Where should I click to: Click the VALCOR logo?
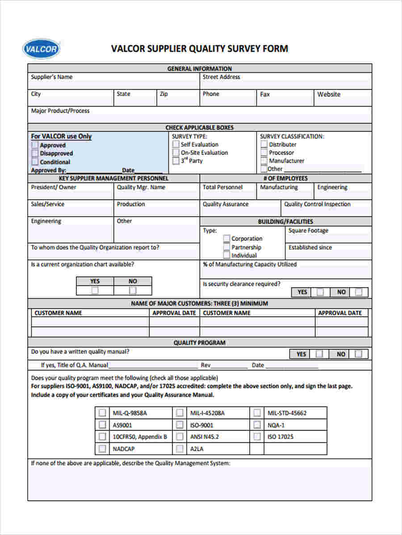(41, 49)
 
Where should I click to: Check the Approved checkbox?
(35, 145)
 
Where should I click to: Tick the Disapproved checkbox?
(35, 153)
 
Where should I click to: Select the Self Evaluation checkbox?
(176, 144)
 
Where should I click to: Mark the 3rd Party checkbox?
(176, 160)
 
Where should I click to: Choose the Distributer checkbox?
(264, 144)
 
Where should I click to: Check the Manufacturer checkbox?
(264, 160)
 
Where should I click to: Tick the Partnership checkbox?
(227, 247)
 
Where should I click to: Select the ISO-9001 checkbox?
(180, 425)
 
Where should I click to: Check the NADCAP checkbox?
(102, 449)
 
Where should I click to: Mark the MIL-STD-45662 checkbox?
(257, 413)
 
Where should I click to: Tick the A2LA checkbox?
(180, 449)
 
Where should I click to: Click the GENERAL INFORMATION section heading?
(200, 69)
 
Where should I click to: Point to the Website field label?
(329, 94)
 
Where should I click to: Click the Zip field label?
(164, 94)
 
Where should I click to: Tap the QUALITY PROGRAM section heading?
(200, 343)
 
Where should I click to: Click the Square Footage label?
(308, 230)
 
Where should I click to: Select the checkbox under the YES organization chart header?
(95, 291)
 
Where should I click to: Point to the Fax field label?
(265, 94)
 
